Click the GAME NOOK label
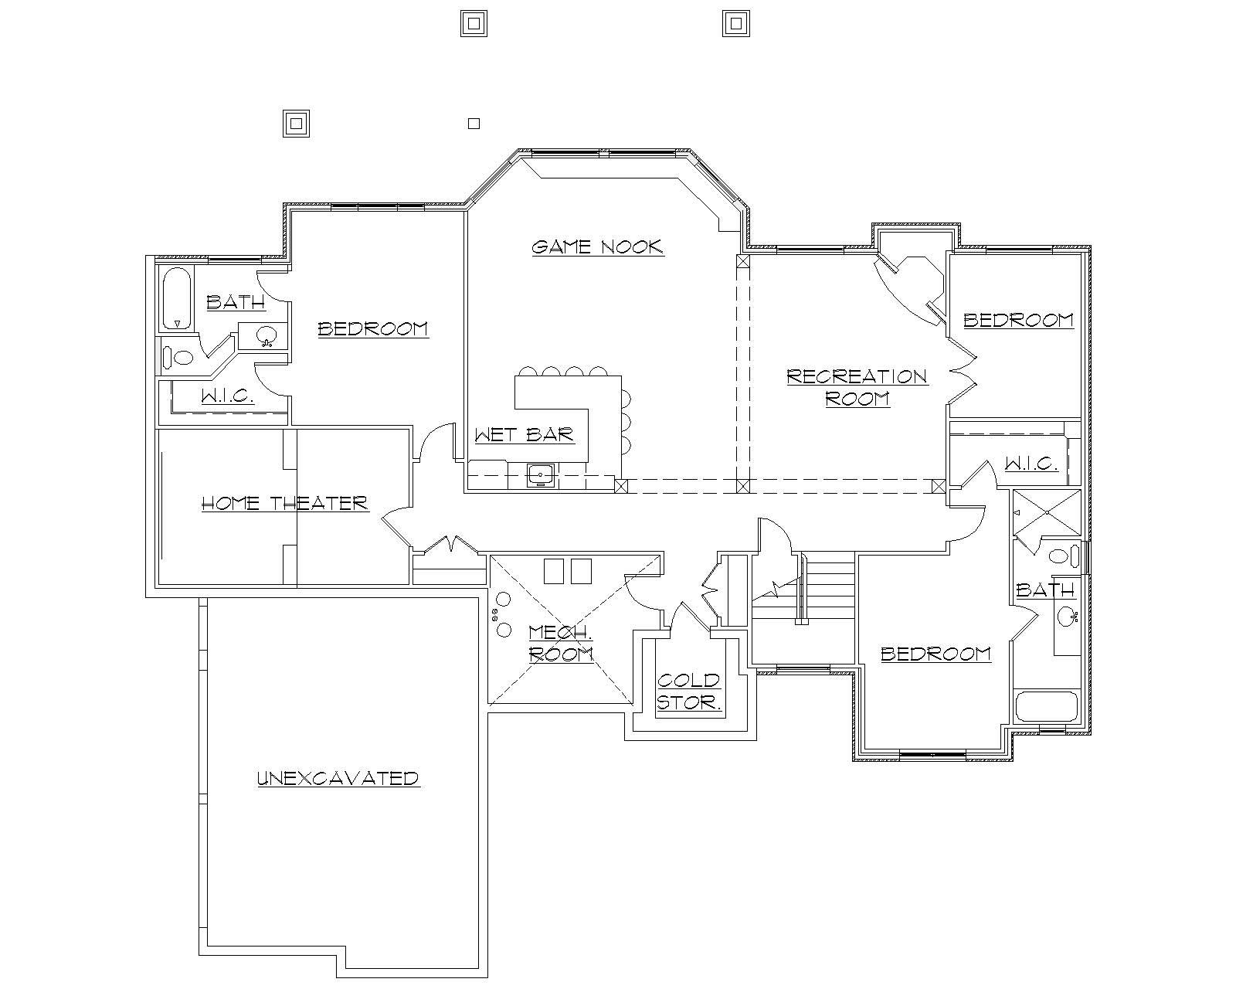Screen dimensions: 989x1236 pyautogui.click(x=598, y=247)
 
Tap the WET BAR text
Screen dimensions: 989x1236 pyautogui.click(x=525, y=434)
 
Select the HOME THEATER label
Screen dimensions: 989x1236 pyautogui.click(x=284, y=504)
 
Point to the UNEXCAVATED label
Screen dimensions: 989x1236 pyautogui.click(x=338, y=778)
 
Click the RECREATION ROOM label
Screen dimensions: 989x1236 pyautogui.click(x=857, y=387)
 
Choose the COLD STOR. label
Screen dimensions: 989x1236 pyautogui.click(x=689, y=692)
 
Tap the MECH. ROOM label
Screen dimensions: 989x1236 pyautogui.click(x=561, y=644)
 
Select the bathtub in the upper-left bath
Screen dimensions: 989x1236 pyautogui.click(x=177, y=299)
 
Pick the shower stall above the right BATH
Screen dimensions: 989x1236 pyautogui.click(x=1047, y=512)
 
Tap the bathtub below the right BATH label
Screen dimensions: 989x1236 pyautogui.click(x=1046, y=707)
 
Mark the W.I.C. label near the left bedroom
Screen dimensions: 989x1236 pyautogui.click(x=227, y=396)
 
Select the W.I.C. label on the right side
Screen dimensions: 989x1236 pyautogui.click(x=1031, y=464)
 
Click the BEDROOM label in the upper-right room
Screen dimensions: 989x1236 pyautogui.click(x=1018, y=320)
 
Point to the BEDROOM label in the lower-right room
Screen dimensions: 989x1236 pyautogui.click(x=935, y=654)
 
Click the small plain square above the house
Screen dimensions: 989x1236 pyautogui.click(x=474, y=123)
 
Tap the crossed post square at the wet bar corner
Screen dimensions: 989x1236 pyautogui.click(x=621, y=486)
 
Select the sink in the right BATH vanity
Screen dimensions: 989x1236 pyautogui.click(x=1068, y=617)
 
